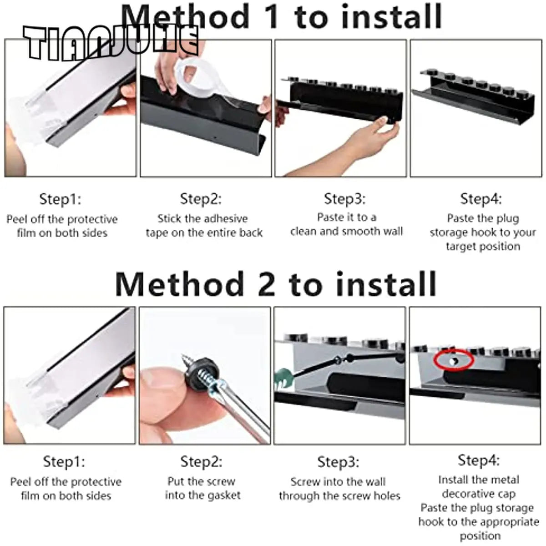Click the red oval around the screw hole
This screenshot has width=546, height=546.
coord(454,359)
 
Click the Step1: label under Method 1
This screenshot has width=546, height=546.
coord(60,199)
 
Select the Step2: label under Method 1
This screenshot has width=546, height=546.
coord(201,199)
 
